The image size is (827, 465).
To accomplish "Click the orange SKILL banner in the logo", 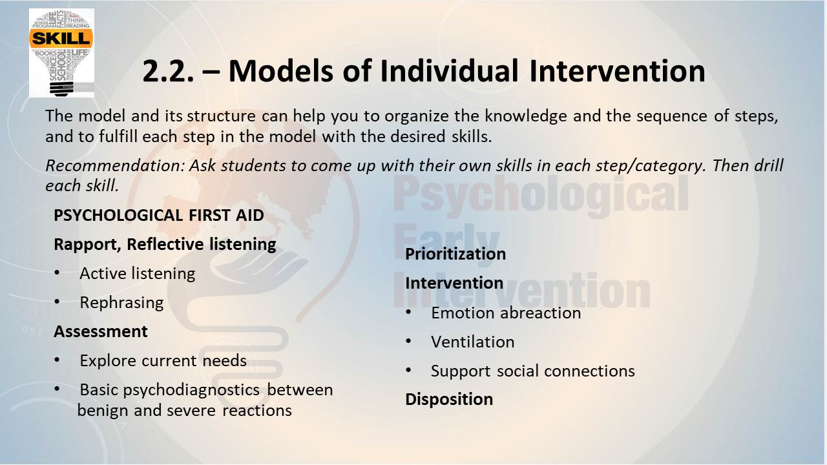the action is tap(61, 38).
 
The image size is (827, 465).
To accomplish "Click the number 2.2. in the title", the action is tap(168, 71).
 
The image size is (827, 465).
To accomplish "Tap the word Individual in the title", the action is tap(449, 71).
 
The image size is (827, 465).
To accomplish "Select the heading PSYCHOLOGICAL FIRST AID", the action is tap(159, 215).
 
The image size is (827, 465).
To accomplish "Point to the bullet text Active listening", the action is tap(138, 273).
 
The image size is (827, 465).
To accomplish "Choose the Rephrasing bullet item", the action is tap(121, 303).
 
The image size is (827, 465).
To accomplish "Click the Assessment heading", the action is tap(100, 331).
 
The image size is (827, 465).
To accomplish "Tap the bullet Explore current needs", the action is tap(163, 360).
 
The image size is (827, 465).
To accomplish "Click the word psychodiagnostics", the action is tap(191, 390).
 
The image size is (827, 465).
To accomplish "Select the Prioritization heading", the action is tap(455, 254).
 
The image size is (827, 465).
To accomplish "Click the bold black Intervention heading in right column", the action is tap(454, 283).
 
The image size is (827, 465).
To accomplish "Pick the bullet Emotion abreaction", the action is tap(506, 313).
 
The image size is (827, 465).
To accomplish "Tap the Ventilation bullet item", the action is tap(472, 342).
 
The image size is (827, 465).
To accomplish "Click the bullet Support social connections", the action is tap(533, 371).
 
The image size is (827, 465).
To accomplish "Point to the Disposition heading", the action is tap(449, 399).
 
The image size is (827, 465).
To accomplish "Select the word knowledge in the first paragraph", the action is tap(525, 116).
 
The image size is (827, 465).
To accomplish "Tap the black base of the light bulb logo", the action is tap(61, 88).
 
